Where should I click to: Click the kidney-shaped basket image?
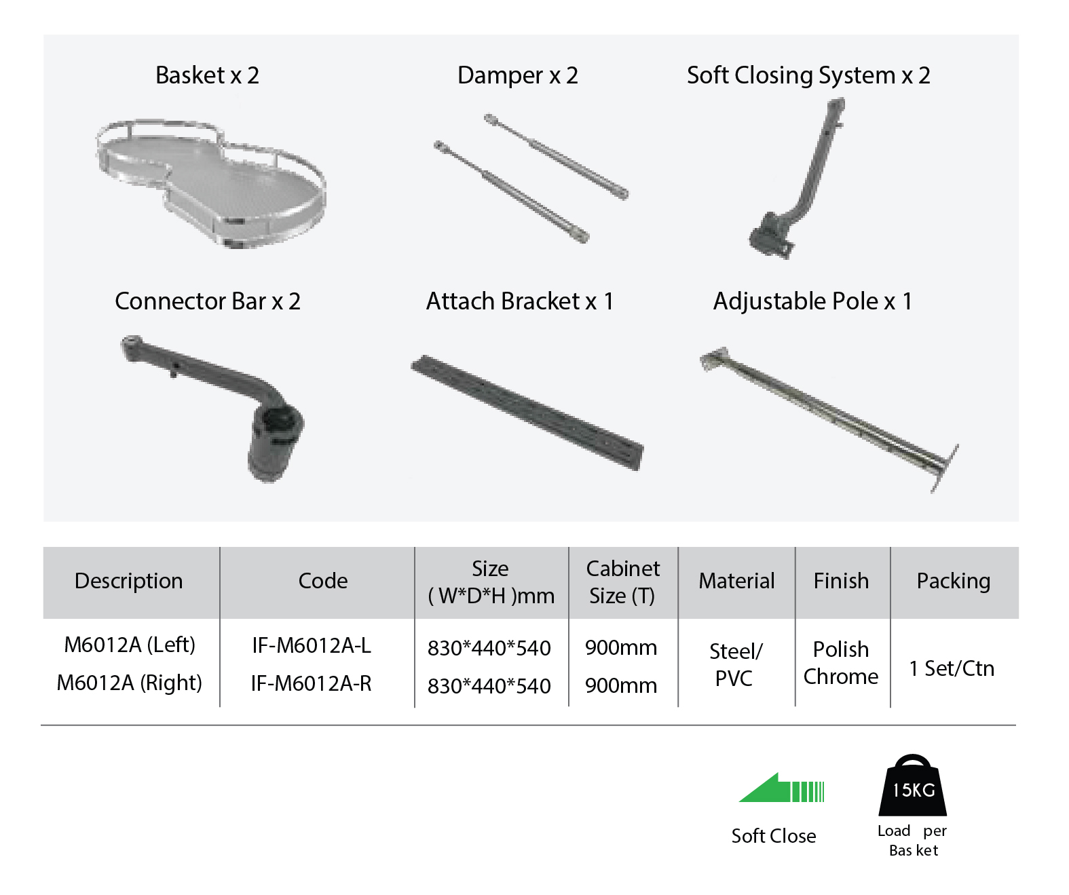pyautogui.click(x=211, y=185)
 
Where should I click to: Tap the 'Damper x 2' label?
pyautogui.click(x=518, y=75)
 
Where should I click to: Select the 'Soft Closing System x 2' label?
pyautogui.click(x=808, y=75)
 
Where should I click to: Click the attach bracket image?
pyautogui.click(x=527, y=412)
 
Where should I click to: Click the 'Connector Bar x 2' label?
pyautogui.click(x=207, y=301)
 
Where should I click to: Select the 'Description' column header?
pyautogui.click(x=128, y=581)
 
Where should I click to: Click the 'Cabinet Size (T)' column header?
pyautogui.click(x=622, y=582)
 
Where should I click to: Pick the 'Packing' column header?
pyautogui.click(x=954, y=581)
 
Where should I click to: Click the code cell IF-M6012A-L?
pyautogui.click(x=312, y=646)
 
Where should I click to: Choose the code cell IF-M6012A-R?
pyautogui.click(x=311, y=683)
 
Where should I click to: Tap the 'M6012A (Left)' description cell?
pyautogui.click(x=130, y=645)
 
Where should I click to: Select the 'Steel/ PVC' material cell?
pyautogui.click(x=735, y=664)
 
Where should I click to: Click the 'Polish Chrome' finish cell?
pyautogui.click(x=841, y=663)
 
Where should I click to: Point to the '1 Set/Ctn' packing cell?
pyautogui.click(x=952, y=668)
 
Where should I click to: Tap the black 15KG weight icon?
pyautogui.click(x=913, y=785)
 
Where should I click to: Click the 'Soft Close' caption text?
pyautogui.click(x=774, y=836)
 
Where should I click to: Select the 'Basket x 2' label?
pyautogui.click(x=207, y=75)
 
